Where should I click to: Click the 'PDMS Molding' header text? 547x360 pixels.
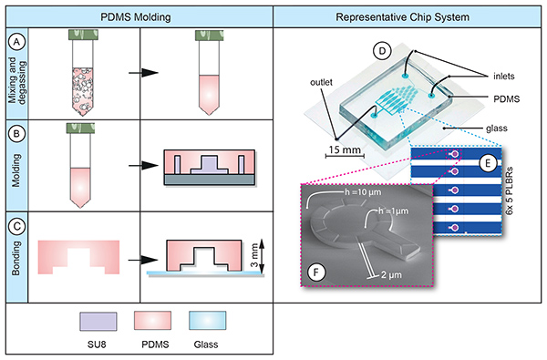(136, 17)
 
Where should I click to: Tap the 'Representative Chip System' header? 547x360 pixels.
(402, 17)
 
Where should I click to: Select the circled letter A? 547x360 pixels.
(16, 42)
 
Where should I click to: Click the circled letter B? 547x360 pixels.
(16, 134)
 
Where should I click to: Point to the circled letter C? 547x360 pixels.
(16, 227)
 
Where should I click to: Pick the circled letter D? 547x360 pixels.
(382, 51)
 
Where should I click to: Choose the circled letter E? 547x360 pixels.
(488, 163)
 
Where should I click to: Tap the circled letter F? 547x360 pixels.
(316, 273)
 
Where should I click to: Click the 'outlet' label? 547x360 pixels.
(321, 82)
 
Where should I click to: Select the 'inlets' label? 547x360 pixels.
(504, 77)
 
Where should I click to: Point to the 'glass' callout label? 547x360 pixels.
(497, 129)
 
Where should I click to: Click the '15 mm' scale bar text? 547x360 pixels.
(345, 149)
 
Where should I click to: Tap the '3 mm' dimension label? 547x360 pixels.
(254, 255)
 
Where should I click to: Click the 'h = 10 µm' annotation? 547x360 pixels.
(363, 192)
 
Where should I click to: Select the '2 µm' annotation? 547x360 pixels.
(391, 275)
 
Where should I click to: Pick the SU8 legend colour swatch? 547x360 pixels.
(98, 322)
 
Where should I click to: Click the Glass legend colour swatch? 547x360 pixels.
(208, 321)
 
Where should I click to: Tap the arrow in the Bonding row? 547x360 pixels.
(143, 260)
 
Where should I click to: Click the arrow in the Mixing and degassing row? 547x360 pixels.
(143, 73)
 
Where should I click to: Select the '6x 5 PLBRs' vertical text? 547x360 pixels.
(510, 190)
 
